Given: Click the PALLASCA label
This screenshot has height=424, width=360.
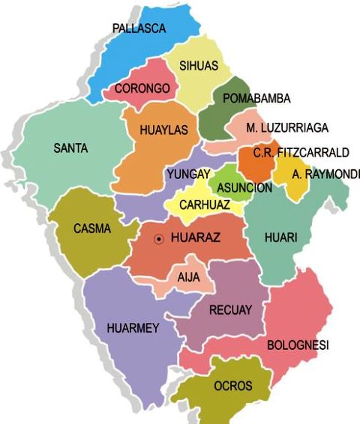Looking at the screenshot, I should coord(139,28).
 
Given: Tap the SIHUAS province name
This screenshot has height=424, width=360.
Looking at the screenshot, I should coord(199,66).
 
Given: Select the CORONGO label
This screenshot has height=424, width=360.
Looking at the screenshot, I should coord(142,88).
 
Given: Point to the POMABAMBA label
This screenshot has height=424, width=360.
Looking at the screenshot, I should coord(256,98).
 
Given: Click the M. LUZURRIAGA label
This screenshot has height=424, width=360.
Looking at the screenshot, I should coord(287,128).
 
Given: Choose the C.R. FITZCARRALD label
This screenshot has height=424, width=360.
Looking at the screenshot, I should coord(301,153).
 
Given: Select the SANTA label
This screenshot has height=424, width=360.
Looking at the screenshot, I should coord(70,148).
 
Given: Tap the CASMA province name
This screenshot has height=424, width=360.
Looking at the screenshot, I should coord(91,228).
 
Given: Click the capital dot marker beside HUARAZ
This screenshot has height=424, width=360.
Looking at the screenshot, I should coord(158,240).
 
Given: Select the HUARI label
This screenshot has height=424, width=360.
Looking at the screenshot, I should coord(281,237).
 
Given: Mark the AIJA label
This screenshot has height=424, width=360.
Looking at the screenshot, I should coord(188,276).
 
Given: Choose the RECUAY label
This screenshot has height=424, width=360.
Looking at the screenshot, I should coord(230,309).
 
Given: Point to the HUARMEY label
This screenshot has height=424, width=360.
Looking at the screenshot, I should coord(133,328).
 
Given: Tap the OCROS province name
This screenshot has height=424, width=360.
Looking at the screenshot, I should coord(232,387).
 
